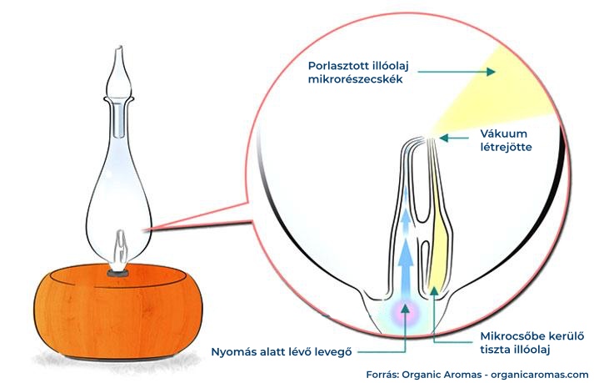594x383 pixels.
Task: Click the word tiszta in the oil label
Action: [497, 350]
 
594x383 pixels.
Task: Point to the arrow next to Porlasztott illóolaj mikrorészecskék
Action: [455, 73]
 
